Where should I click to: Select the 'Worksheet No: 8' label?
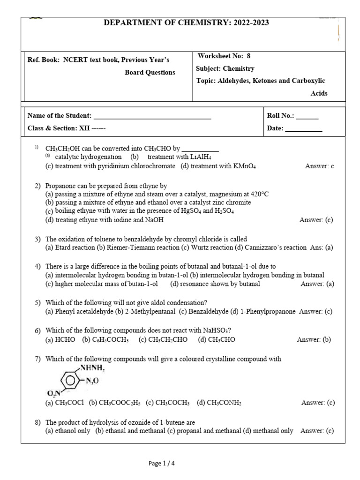pyautogui.click(x=224, y=56)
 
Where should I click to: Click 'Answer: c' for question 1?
pyautogui.click(x=319, y=166)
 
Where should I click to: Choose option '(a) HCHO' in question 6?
pyautogui.click(x=60, y=340)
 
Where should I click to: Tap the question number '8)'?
pyautogui.click(x=38, y=423)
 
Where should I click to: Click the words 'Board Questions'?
pyautogui.click(x=150, y=73)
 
